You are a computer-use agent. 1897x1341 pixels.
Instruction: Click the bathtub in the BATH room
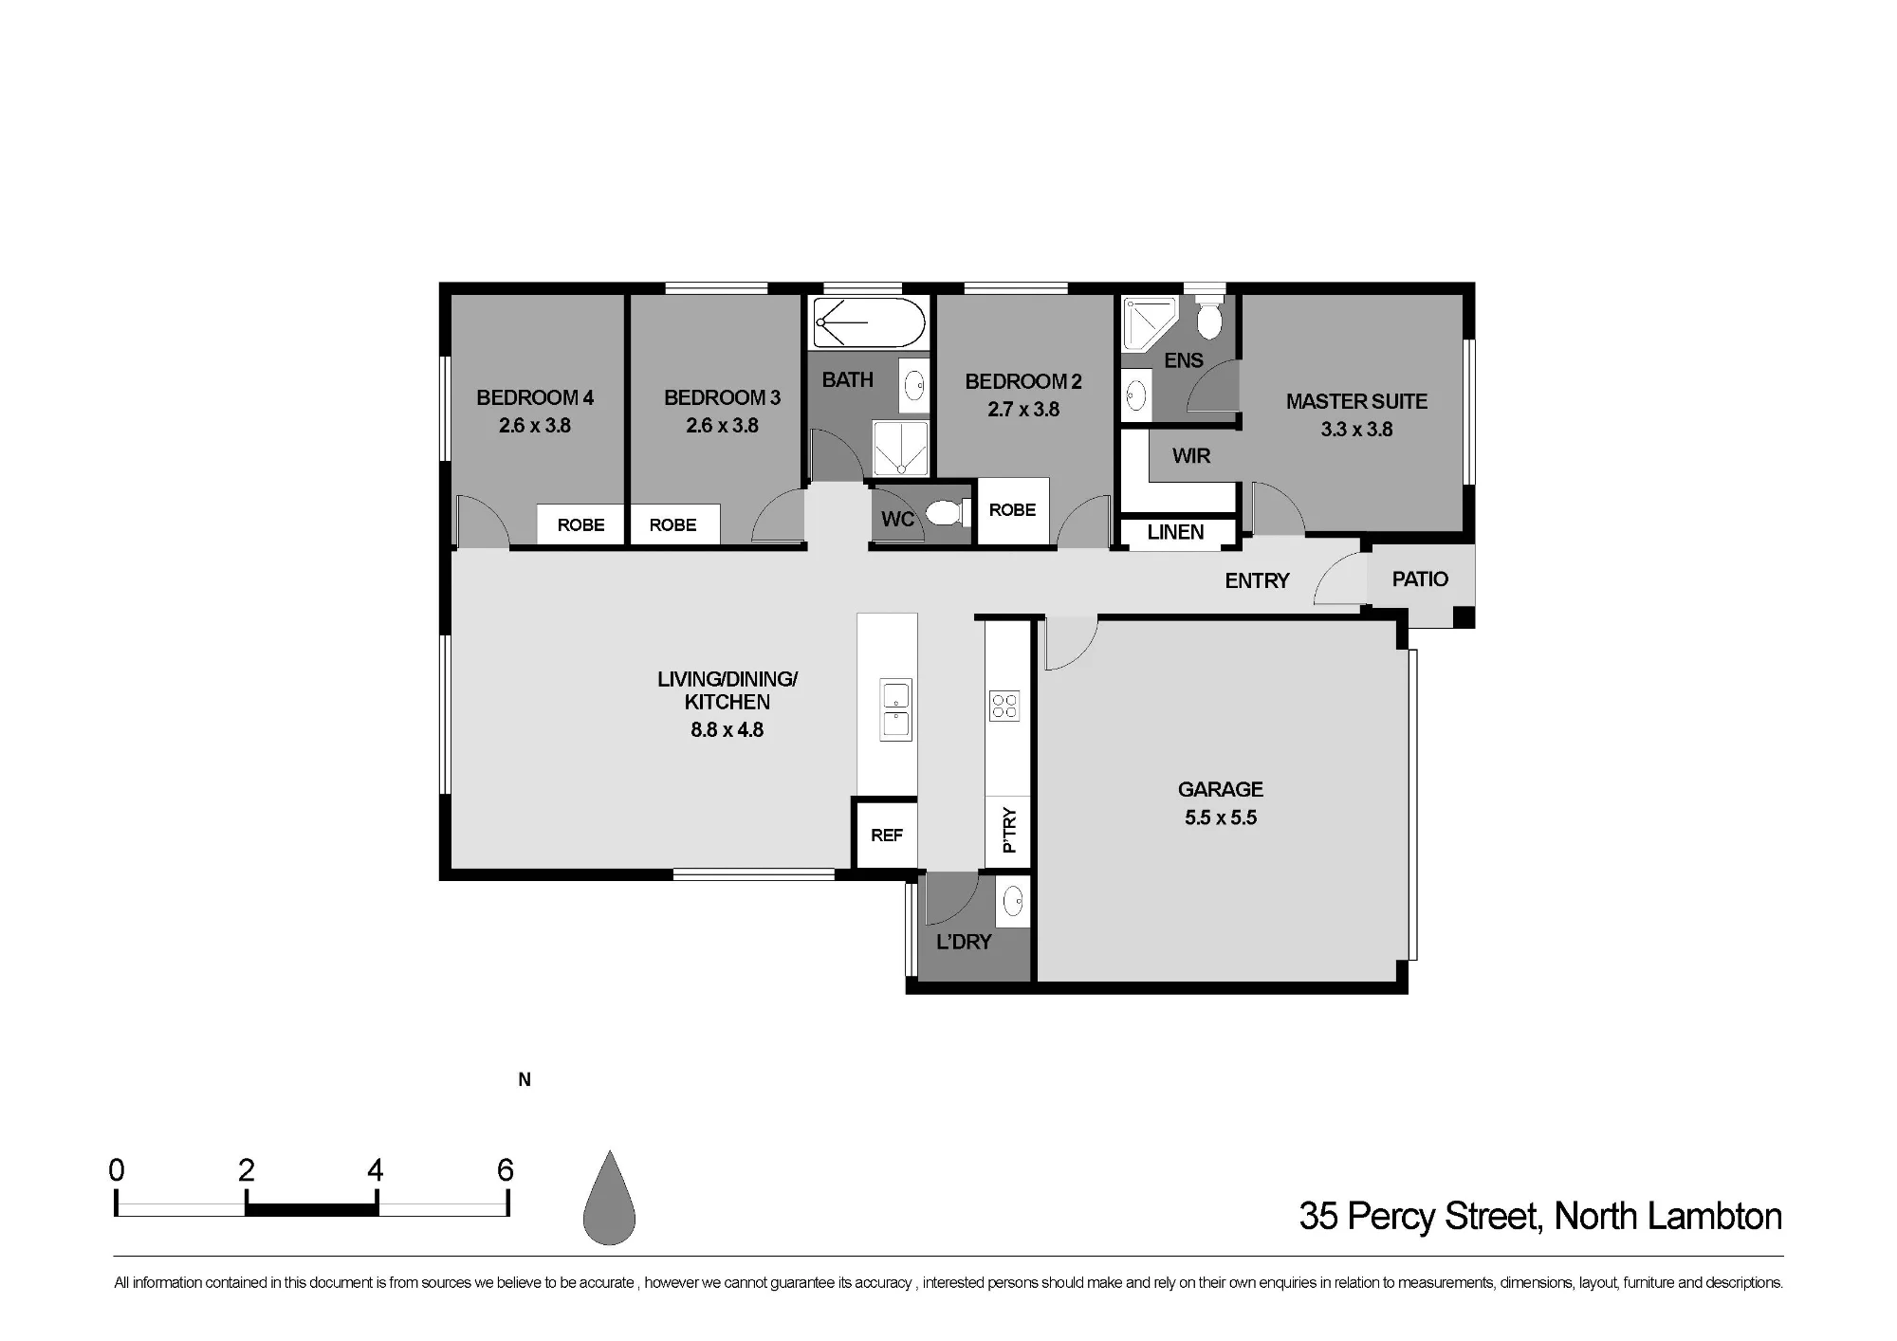[x=869, y=322]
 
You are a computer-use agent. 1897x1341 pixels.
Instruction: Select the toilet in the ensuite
[x=1208, y=318]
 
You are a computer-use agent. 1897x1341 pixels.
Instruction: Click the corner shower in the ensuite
[x=1149, y=321]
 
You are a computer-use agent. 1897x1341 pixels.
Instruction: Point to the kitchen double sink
[x=895, y=709]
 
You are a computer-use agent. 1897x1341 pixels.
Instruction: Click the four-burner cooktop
[x=1004, y=706]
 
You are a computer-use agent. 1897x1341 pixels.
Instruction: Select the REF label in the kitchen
[x=887, y=836]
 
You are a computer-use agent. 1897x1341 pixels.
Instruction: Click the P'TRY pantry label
[x=1009, y=830]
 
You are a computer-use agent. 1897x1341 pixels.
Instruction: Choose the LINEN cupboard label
[x=1175, y=532]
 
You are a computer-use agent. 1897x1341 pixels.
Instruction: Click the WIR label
[x=1191, y=456]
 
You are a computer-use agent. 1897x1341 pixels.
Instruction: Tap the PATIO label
[x=1420, y=579]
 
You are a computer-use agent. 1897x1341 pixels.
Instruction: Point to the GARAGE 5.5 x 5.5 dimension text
[x=1221, y=817]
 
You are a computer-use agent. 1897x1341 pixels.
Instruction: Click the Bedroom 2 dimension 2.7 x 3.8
[x=1023, y=410]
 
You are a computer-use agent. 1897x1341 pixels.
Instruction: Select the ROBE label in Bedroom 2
[x=1012, y=510]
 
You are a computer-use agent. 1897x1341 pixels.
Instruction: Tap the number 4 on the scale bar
[x=376, y=1170]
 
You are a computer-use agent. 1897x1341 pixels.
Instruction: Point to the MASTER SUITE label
[x=1356, y=402]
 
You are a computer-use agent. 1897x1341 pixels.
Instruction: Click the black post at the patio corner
[x=1464, y=616]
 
